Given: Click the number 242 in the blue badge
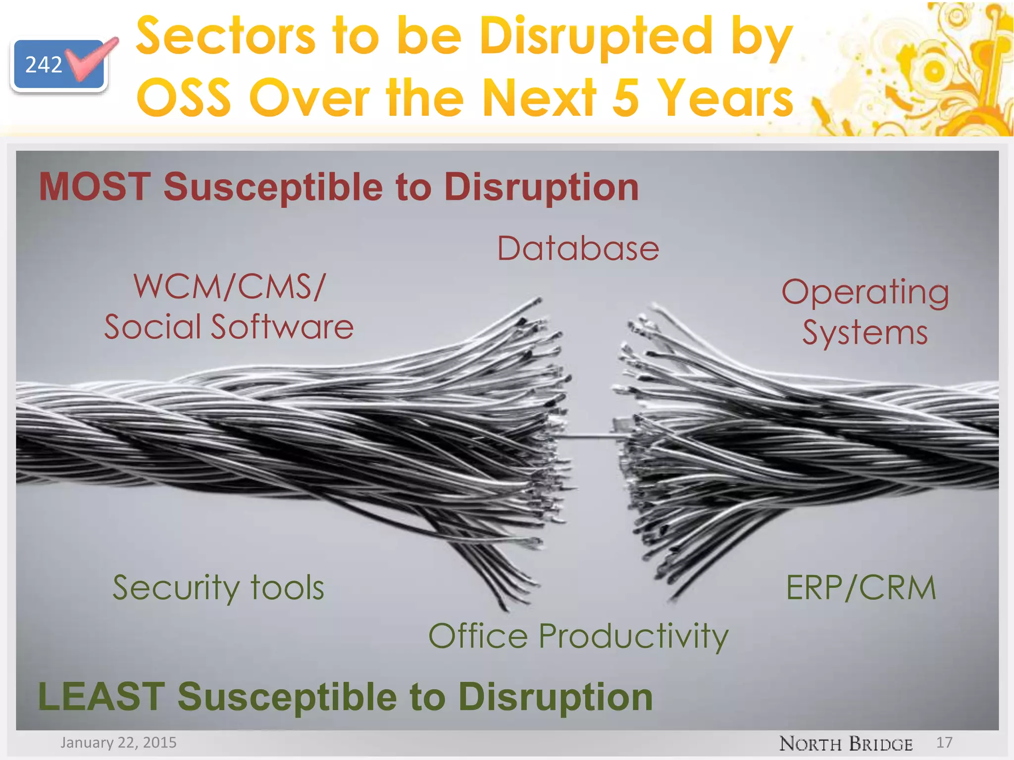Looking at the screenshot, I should pos(44,65).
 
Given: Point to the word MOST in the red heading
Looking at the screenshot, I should pos(95,187).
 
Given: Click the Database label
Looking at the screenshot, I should pos(578,248).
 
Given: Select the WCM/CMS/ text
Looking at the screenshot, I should pos(230,286).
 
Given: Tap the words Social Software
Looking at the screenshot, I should pos(229,327).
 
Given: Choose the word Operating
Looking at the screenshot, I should pos(865,292).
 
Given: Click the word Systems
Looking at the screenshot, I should pos(864,332).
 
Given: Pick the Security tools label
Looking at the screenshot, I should pos(218,588).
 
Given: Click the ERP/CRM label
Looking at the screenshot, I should pos(861,588).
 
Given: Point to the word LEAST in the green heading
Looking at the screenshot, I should pos(101,697).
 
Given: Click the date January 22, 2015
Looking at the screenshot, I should pos(118,743).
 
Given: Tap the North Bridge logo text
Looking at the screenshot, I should pos(846,744).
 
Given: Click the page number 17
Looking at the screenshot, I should pos(944,742).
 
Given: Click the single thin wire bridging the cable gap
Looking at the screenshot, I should pos(592,436).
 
